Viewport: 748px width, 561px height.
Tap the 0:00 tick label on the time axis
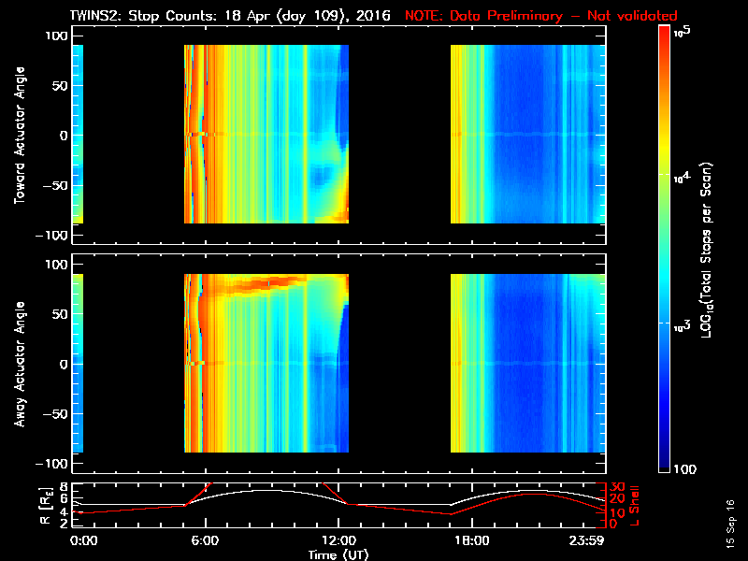tap(83, 540)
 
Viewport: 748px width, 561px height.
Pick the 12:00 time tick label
tap(339, 540)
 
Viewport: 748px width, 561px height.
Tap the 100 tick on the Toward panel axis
tap(57, 35)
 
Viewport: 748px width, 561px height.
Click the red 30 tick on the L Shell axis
tap(617, 486)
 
